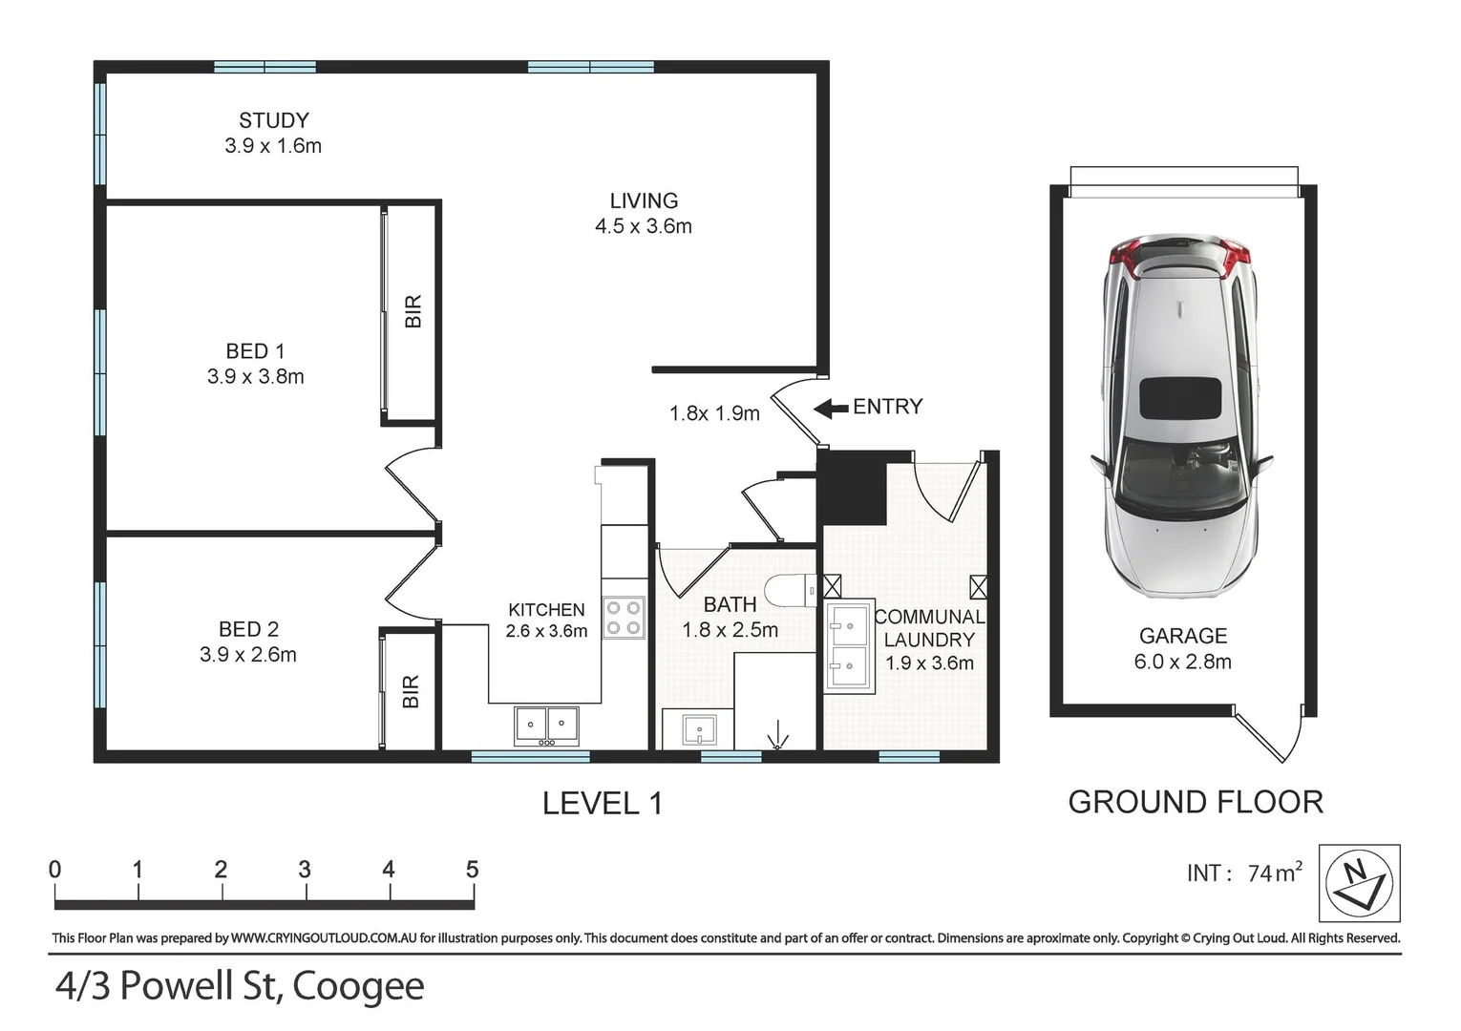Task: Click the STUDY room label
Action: click(x=273, y=121)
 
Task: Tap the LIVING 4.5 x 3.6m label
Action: click(x=643, y=214)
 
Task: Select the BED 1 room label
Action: click(x=255, y=351)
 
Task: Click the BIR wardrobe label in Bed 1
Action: click(x=413, y=311)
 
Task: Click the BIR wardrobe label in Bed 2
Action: click(x=411, y=691)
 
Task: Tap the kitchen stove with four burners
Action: click(x=623, y=617)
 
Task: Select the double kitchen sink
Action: click(x=546, y=726)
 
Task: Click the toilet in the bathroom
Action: click(x=789, y=591)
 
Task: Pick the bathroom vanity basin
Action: click(x=700, y=730)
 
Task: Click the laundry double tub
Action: click(x=848, y=645)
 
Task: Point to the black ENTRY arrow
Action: click(x=831, y=409)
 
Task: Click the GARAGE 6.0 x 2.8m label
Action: click(x=1182, y=649)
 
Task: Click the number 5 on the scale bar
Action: click(x=472, y=869)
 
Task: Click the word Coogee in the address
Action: click(x=357, y=986)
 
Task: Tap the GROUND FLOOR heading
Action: click(x=1195, y=802)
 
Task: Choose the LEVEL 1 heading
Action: click(x=602, y=803)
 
